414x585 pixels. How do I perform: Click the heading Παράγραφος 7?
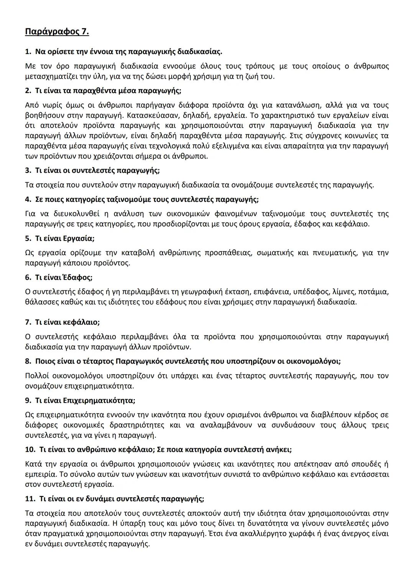(x=57, y=31)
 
